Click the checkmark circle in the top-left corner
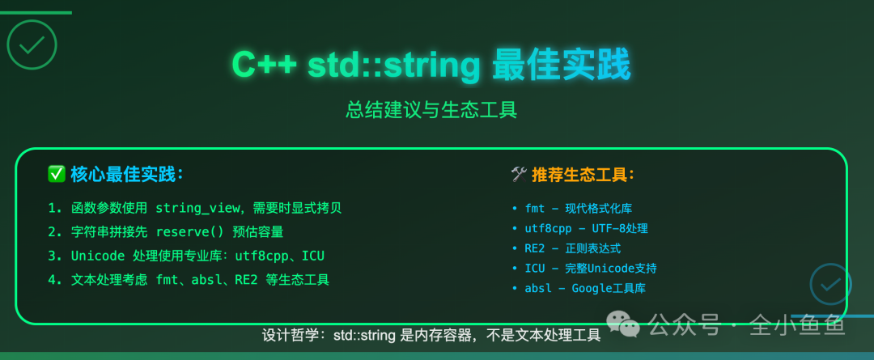click(32, 44)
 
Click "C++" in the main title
click(261, 66)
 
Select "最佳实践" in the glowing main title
click(561, 66)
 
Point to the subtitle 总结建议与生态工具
click(431, 109)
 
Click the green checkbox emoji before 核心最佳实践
click(57, 174)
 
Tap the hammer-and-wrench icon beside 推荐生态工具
click(519, 174)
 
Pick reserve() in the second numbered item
click(191, 232)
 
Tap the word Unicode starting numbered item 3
click(97, 256)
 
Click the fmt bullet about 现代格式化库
click(534, 208)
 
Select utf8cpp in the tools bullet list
click(549, 228)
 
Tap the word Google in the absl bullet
click(594, 288)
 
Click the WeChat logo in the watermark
click(624, 324)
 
